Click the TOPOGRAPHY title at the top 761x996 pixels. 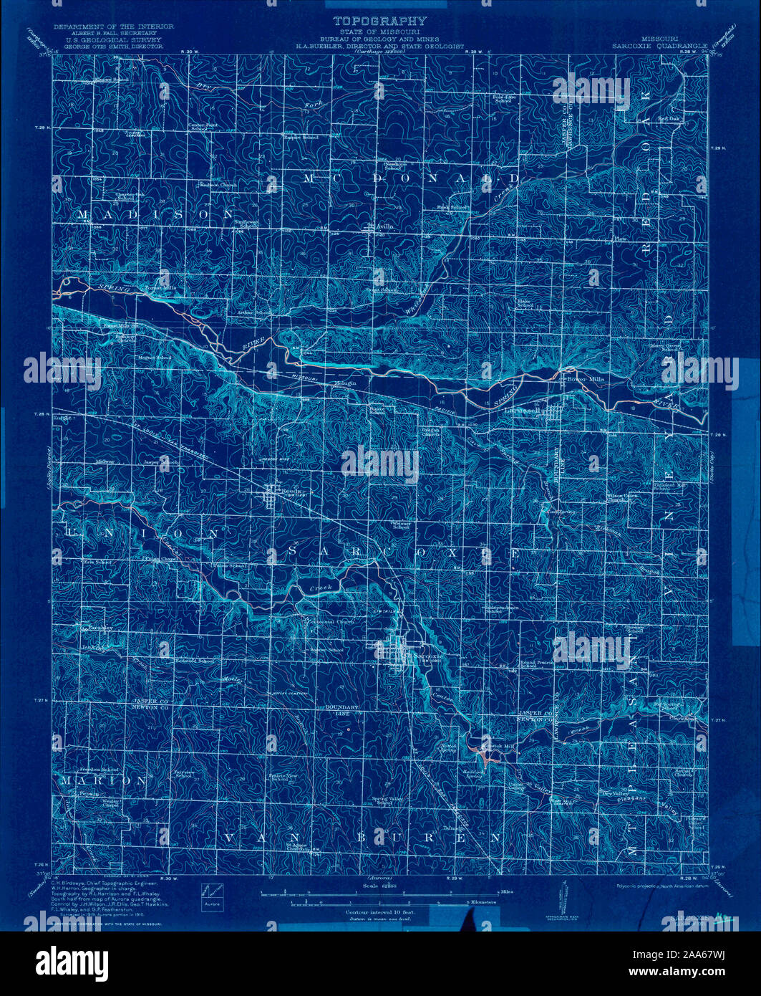tap(379, 21)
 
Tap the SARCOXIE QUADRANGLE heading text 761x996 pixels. tap(659, 44)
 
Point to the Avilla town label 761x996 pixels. tap(385, 226)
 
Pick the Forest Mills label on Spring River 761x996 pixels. tap(160, 288)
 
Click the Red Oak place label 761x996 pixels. tap(669, 118)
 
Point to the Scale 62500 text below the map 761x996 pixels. tap(380, 887)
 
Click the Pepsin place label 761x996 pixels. tap(88, 794)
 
